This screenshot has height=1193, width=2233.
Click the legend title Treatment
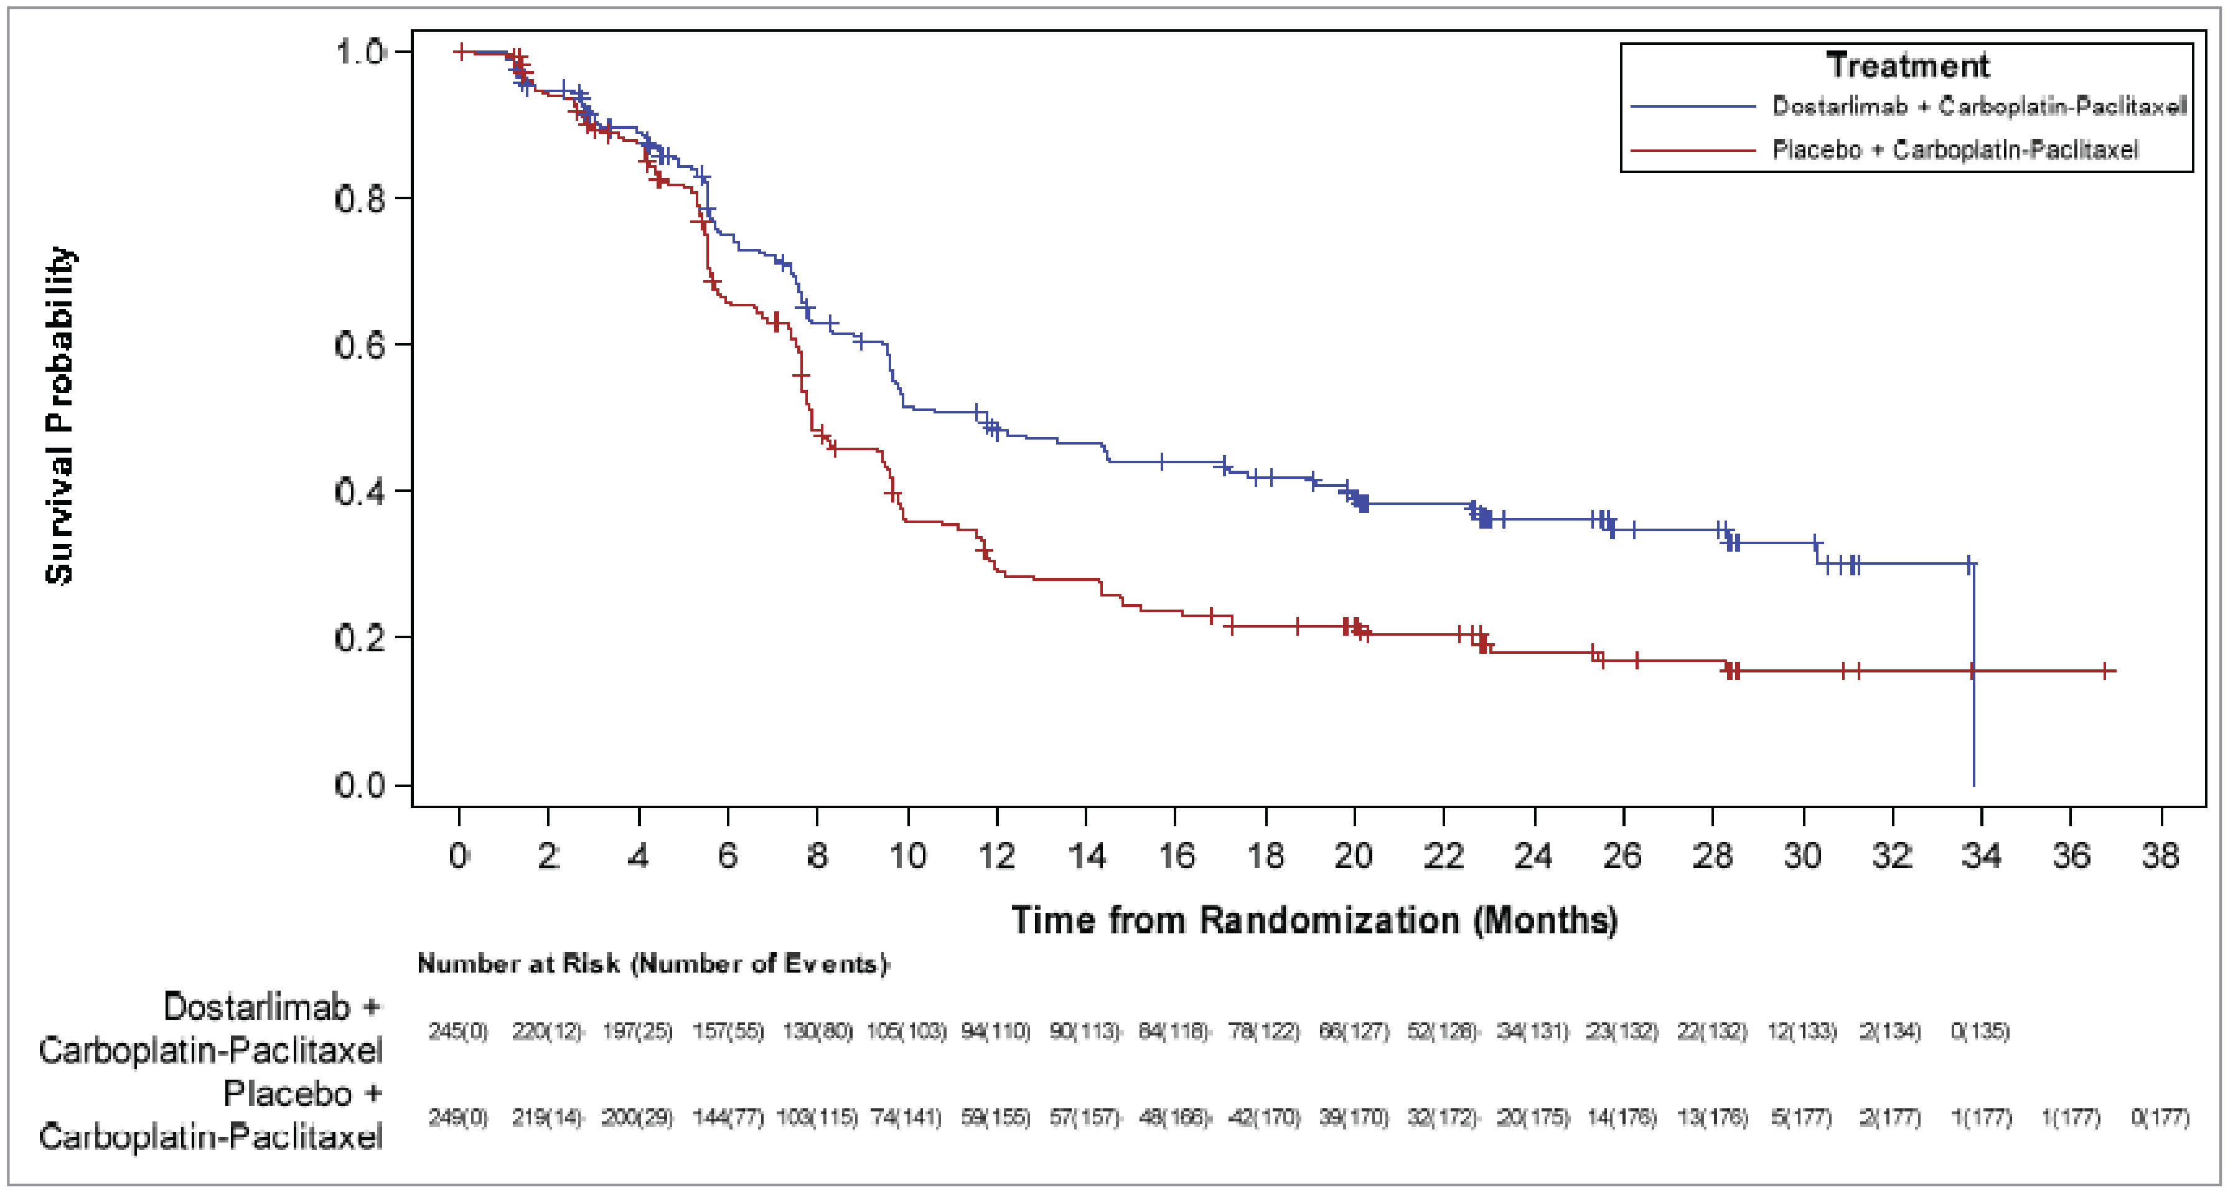point(1906,66)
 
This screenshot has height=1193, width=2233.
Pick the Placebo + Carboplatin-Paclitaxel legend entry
point(1954,150)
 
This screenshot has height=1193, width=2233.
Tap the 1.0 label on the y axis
point(360,52)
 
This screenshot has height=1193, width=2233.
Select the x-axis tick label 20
point(1353,856)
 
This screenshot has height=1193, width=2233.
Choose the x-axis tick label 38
point(2160,856)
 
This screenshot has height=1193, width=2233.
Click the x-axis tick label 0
point(459,856)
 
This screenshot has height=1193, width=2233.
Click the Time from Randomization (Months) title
point(1314,920)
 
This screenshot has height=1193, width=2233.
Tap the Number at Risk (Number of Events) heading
point(653,964)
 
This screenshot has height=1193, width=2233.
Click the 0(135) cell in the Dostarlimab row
point(1980,1031)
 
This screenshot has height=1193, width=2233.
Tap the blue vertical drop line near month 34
point(1974,729)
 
